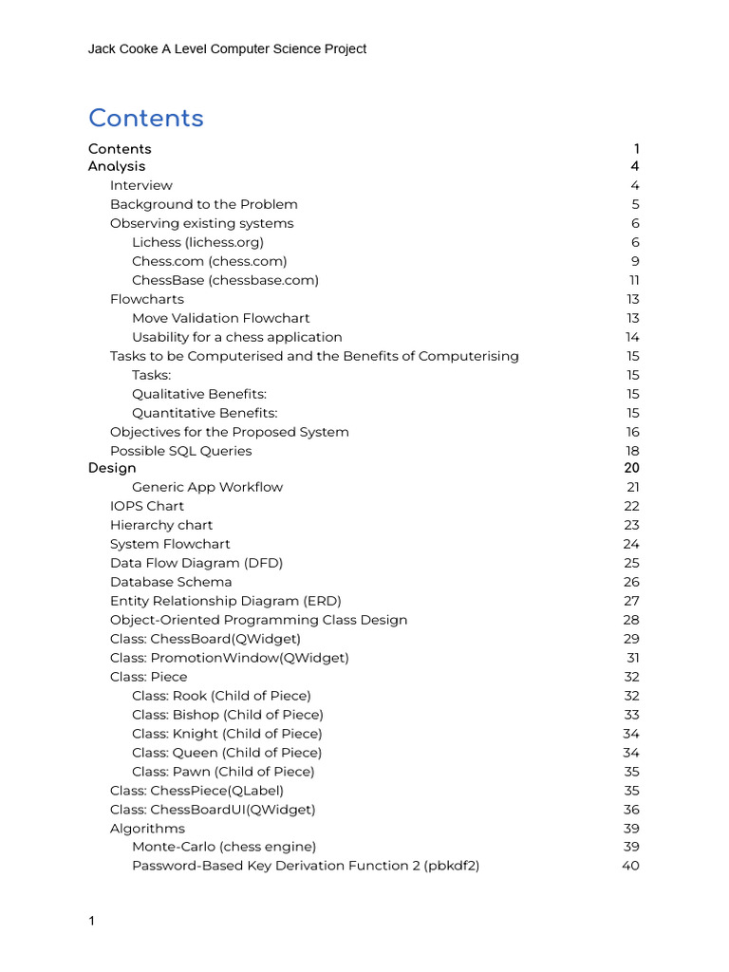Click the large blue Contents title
pos(146,119)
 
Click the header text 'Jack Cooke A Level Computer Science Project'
pos(227,49)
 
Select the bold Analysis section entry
pos(117,166)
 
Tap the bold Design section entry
pos(112,468)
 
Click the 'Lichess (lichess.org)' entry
pos(197,242)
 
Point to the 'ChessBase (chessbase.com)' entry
pos(225,280)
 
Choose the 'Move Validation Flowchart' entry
pos(220,318)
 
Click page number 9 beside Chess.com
pos(635,261)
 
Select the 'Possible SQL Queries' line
pos(180,451)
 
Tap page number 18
pos(632,451)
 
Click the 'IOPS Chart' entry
pos(147,506)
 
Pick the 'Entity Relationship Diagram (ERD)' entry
pos(225,601)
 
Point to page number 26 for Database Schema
pos(631,582)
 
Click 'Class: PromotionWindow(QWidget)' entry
pos(229,658)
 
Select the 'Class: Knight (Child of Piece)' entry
pos(227,734)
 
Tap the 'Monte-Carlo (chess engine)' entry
pos(224,847)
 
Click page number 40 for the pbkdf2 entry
pos(630,866)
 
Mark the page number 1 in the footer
pos(91,922)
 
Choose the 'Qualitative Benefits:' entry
pos(199,394)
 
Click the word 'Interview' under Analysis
pos(141,185)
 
